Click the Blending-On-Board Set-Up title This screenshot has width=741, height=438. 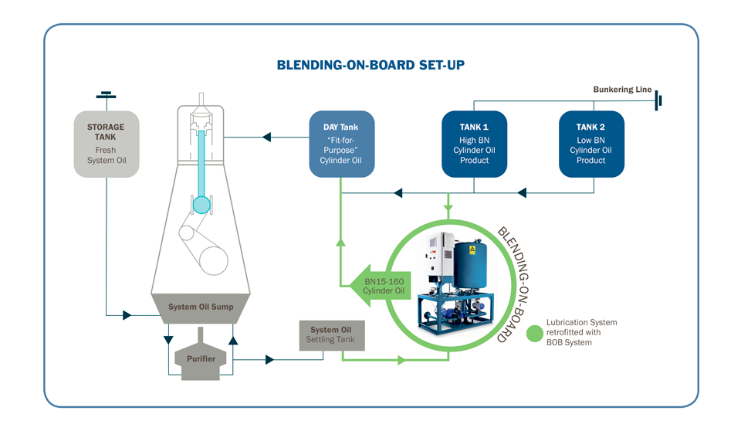point(370,65)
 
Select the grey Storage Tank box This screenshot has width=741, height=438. point(107,144)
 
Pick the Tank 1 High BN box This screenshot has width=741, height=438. point(474,144)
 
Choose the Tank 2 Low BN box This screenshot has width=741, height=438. point(591,144)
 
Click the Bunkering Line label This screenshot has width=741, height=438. point(622,90)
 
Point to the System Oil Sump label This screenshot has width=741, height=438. point(201,307)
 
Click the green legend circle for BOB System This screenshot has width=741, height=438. point(534,333)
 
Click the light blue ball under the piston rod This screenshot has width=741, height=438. point(201,205)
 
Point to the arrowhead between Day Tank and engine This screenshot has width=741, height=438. point(266,138)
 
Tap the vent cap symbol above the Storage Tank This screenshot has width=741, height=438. point(107,96)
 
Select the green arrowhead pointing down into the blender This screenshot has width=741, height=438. point(448,207)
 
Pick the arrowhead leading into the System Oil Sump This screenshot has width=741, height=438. point(127,315)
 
